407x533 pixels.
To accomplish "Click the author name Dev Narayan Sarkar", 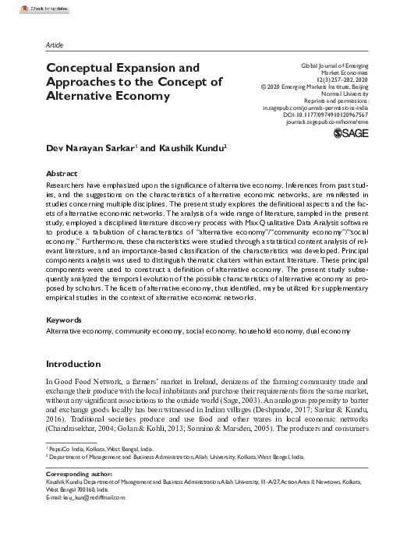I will coord(89,146).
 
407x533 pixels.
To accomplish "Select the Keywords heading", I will coord(65,319).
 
